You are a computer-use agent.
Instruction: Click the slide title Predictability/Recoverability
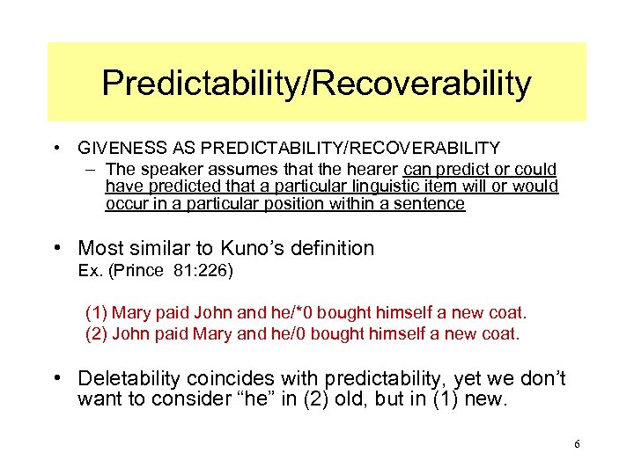[316, 84]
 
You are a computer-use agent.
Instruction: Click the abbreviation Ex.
[90, 271]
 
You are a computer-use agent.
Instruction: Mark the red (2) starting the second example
[96, 333]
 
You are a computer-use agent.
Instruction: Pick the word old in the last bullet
[348, 400]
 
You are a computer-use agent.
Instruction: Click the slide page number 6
[577, 444]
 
